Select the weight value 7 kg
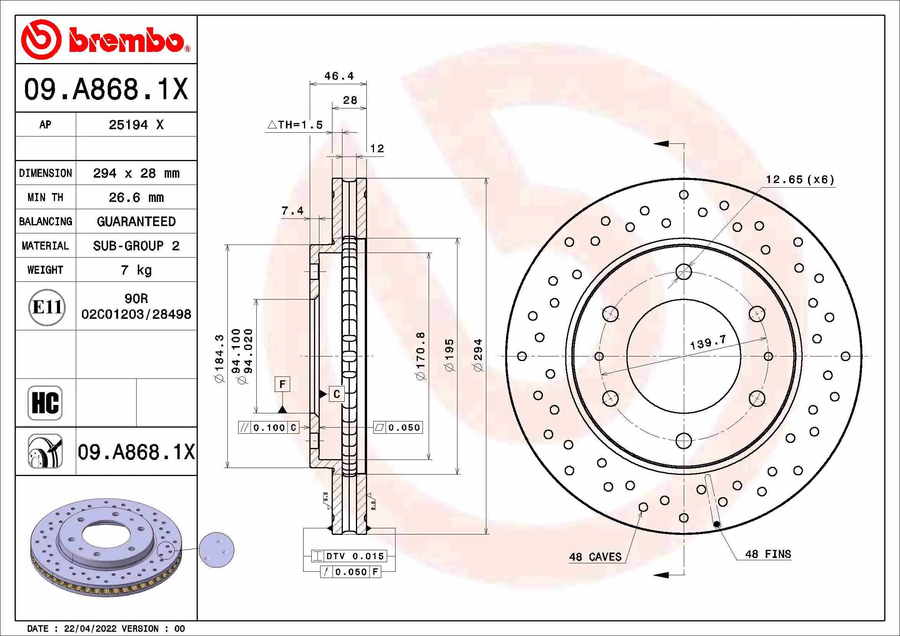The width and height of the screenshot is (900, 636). (136, 270)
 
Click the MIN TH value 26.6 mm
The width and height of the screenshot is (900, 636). (136, 197)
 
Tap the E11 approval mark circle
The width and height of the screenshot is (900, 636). (47, 307)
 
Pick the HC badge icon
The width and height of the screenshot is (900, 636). (45, 403)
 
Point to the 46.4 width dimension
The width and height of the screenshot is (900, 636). (339, 76)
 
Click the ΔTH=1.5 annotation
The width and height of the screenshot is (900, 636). (295, 125)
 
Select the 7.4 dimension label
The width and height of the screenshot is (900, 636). (292, 211)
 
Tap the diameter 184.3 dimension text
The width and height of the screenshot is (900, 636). (219, 358)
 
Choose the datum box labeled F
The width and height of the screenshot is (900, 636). (282, 384)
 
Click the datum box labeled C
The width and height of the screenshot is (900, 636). (337, 394)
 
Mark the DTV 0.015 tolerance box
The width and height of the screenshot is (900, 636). (349, 556)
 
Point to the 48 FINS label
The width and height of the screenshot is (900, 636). (768, 554)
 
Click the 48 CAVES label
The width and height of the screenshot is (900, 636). (595, 557)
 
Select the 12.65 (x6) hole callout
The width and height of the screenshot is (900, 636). (800, 180)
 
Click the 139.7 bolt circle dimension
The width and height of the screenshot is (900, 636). (708, 342)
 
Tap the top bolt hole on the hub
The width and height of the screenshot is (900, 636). (684, 271)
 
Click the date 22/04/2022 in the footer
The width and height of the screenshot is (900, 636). (90, 629)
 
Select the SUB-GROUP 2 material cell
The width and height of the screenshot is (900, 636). (136, 246)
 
